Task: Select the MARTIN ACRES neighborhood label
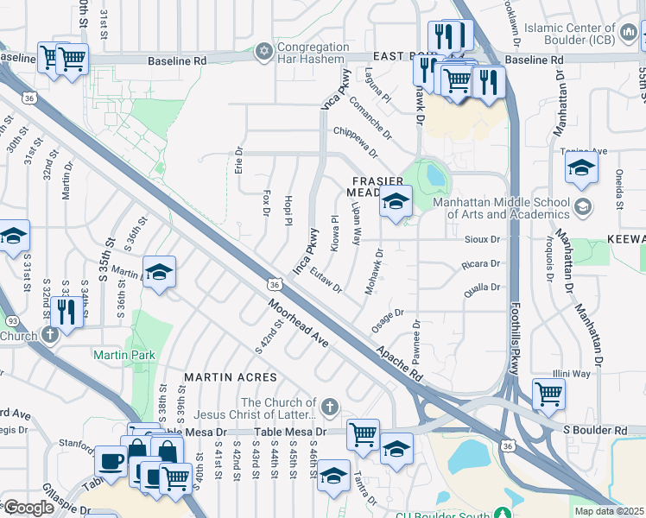point(231,377)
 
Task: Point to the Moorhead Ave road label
point(298,324)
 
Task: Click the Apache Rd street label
point(398,365)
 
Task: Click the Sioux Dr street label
point(483,239)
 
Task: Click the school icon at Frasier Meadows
point(396,202)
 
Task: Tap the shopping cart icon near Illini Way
point(548,394)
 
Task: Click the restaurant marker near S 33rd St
point(65,311)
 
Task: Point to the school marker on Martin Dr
point(159,273)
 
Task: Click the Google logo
point(28,508)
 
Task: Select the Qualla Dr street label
point(482,288)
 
